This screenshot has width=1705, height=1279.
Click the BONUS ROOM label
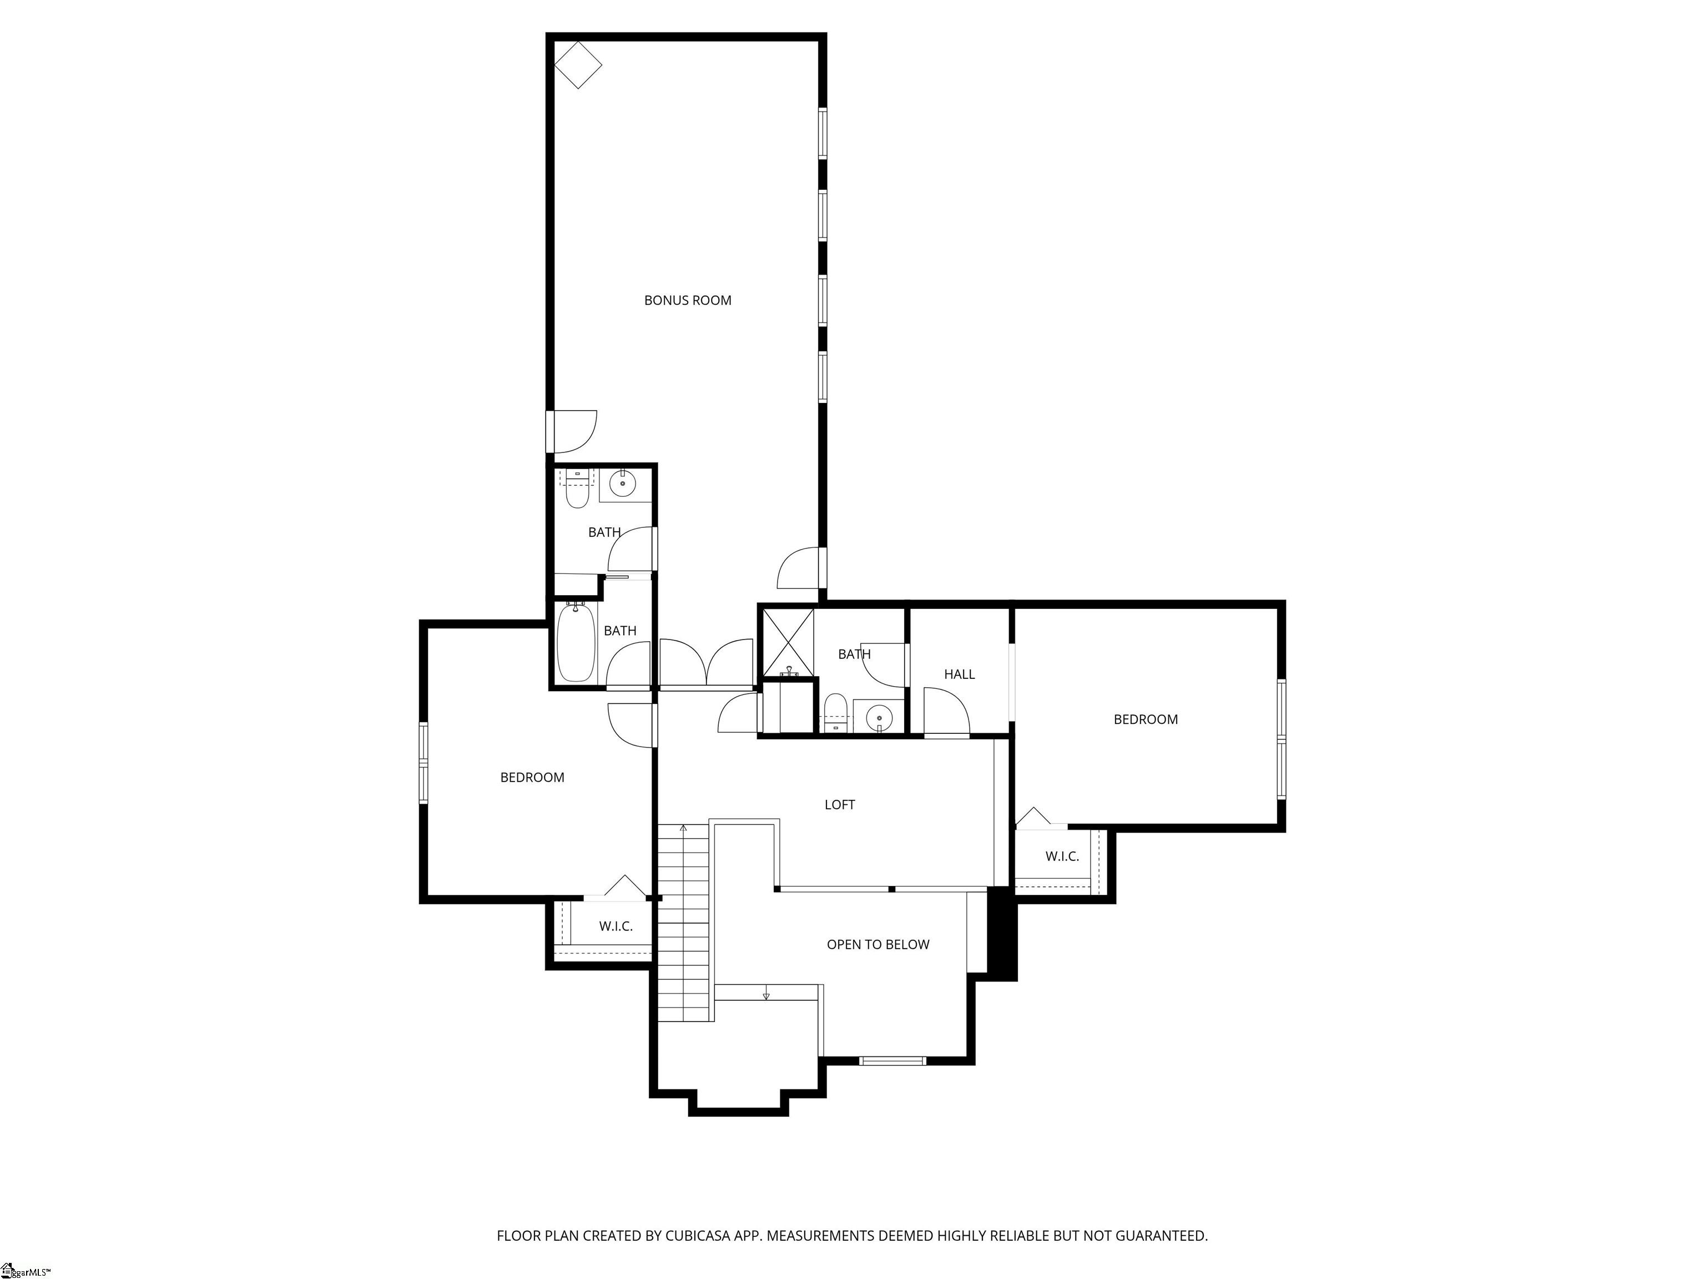[x=688, y=301]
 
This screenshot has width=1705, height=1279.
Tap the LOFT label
[x=839, y=805]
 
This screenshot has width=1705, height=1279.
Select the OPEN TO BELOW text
[x=878, y=944]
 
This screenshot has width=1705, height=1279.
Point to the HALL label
[x=960, y=674]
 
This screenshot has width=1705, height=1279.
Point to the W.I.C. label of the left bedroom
[x=616, y=926]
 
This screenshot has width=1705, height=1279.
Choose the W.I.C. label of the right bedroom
[x=1062, y=857]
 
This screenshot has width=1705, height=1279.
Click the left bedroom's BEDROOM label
[x=533, y=778]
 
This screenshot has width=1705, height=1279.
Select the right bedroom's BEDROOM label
[x=1146, y=720]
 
